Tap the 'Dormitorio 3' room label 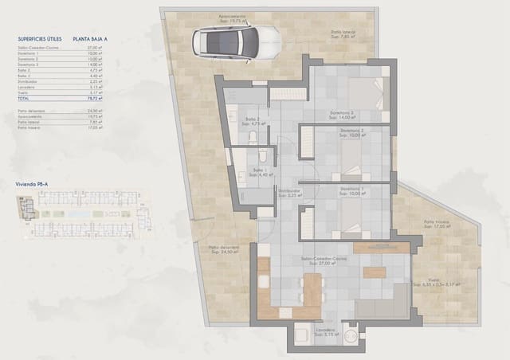coord(347,113)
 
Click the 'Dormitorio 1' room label coord(351,190)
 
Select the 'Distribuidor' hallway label coord(288,191)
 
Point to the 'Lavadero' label coord(325,329)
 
